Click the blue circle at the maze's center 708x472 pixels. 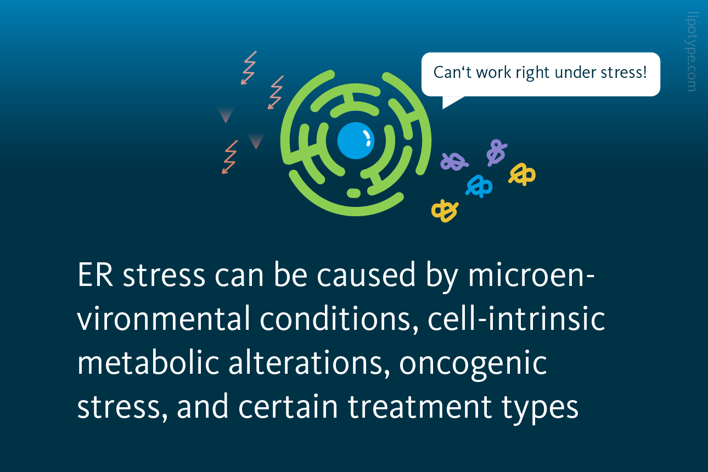(356, 141)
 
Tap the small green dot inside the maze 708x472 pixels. (353, 193)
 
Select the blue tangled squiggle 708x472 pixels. (479, 186)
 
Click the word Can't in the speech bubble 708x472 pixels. (453, 72)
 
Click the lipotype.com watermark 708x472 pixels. (692, 52)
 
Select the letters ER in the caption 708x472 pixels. (95, 275)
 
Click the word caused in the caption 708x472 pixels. (366, 274)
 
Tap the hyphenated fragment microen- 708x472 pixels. (531, 274)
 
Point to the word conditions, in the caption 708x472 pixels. (339, 319)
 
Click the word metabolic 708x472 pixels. (148, 362)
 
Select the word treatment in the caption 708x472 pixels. (420, 407)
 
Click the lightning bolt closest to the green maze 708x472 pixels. (276, 92)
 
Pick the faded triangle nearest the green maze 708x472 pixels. (256, 141)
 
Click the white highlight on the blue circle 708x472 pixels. (367, 138)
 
